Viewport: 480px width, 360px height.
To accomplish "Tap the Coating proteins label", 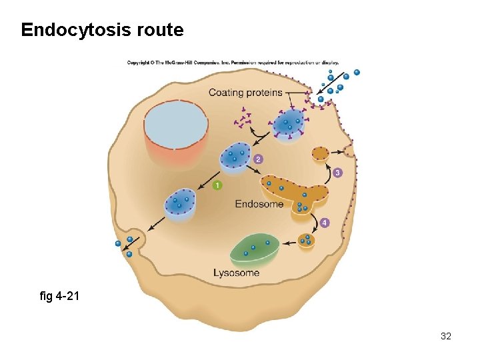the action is pyautogui.click(x=245, y=93).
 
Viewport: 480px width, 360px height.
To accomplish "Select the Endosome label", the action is pyautogui.click(x=259, y=204).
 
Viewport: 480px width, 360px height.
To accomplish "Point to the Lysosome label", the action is pyautogui.click(x=236, y=273).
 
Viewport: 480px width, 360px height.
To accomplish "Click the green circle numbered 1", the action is pyautogui.click(x=217, y=185).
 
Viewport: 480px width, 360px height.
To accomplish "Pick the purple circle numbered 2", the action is pyautogui.click(x=258, y=159).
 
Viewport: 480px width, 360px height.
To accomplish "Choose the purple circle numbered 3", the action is pyautogui.click(x=337, y=173).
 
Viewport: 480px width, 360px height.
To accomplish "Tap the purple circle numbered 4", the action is pyautogui.click(x=325, y=223).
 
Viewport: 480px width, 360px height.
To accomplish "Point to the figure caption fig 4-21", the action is pyautogui.click(x=59, y=295).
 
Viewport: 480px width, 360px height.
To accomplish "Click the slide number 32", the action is pyautogui.click(x=446, y=336).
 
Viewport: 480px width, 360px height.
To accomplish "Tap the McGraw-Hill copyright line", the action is pyautogui.click(x=233, y=63).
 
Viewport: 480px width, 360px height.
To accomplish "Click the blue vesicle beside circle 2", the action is pyautogui.click(x=235, y=157).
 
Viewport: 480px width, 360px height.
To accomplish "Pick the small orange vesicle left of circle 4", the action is pyautogui.click(x=306, y=239).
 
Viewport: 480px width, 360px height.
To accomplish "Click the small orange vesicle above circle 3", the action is pyautogui.click(x=321, y=155).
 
